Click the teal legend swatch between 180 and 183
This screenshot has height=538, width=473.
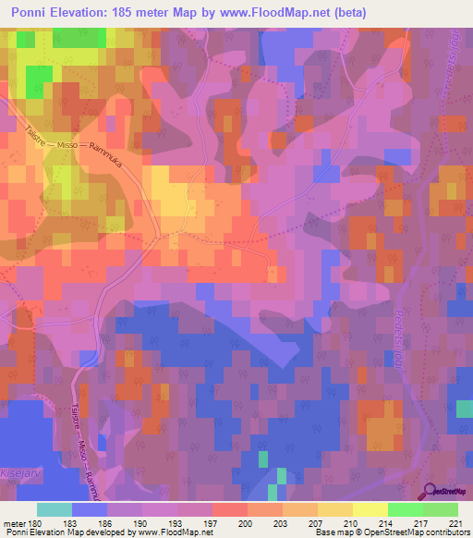point(55,509)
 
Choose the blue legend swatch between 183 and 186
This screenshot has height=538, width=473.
point(90,509)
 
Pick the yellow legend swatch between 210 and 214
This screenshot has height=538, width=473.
point(370,509)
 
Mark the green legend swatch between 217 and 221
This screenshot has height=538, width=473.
point(441,509)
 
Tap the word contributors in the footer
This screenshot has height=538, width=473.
point(450,533)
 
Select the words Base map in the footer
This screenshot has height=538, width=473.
point(332,533)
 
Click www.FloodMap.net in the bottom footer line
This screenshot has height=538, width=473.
point(175,533)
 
